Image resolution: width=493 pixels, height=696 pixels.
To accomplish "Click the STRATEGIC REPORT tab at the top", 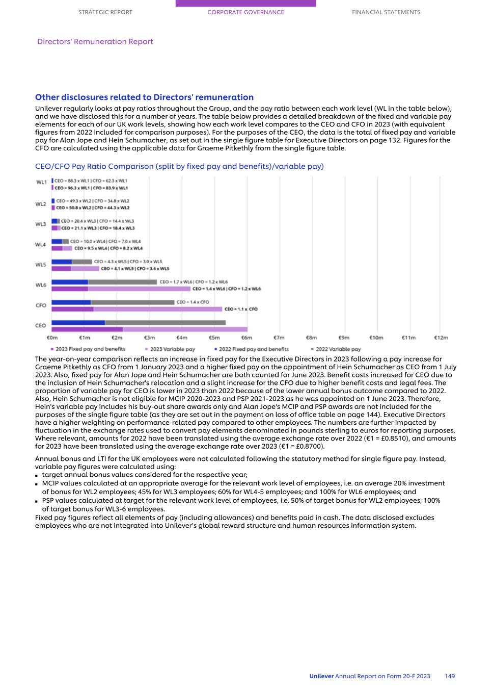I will coord(105,12).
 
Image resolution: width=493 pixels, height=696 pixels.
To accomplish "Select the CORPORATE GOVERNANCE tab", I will coord(245,12).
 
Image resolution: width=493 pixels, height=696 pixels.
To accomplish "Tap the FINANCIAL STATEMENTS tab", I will coord(386,12).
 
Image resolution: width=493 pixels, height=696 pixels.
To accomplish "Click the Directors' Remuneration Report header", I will coord(95,41).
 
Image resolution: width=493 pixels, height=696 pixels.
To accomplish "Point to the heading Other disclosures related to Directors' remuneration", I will coord(144,97).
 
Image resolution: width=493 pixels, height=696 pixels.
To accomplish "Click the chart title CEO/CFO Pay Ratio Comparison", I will coord(179,166).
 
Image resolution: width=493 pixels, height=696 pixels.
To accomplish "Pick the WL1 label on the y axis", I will coord(41,182).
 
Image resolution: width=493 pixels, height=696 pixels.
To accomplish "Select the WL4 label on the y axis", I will coord(40,245).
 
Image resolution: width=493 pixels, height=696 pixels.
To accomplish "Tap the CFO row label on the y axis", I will coord(41,305).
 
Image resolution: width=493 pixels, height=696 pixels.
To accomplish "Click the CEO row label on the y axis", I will coord(41,325).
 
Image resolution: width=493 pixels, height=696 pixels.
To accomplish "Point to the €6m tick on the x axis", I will coord(247,338).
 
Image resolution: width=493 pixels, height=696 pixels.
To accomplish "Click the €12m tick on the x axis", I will coord(441,338).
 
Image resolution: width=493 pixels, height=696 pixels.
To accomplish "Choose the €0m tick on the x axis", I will coord(52,338).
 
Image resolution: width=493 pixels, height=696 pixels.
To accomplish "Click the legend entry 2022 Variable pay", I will coord(338,349).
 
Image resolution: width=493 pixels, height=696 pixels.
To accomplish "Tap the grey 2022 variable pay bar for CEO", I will coord(165,323).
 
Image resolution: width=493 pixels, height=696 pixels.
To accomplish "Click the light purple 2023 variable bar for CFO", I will coord(158,309).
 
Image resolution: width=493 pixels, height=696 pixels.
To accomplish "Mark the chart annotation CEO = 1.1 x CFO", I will coord(241,309).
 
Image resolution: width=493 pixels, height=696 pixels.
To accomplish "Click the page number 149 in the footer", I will coord(450,676).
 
